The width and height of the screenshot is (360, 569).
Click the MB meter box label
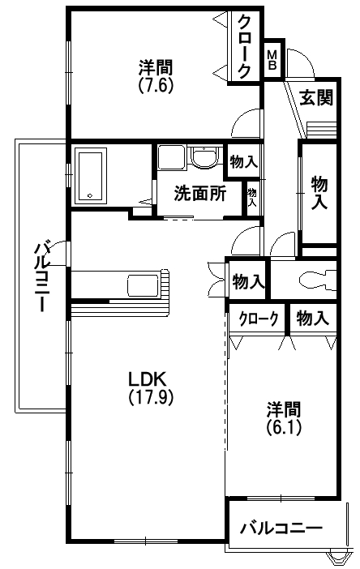tap(272, 60)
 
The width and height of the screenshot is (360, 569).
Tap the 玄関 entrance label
tap(316, 97)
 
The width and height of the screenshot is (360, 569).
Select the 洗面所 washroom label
tap(200, 193)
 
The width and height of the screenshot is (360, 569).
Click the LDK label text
tap(148, 379)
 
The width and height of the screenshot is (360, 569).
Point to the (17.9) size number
tap(151, 396)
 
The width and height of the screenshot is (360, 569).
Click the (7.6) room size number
tap(155, 85)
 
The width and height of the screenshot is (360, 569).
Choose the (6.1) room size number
tap(284, 427)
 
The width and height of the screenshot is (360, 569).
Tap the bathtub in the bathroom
tap(91, 176)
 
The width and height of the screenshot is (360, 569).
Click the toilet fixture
tap(319, 280)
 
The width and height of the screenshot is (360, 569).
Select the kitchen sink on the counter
tap(143, 285)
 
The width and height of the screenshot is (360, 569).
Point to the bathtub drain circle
tap(90, 196)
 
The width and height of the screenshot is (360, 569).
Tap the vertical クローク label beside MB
tap(243, 47)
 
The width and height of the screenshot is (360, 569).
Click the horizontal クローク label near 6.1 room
tap(258, 319)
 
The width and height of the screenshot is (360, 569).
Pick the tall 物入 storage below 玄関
tap(319, 192)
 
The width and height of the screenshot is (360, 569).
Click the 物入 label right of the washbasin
tap(243, 162)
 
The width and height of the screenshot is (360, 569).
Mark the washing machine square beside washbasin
tap(172, 157)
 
